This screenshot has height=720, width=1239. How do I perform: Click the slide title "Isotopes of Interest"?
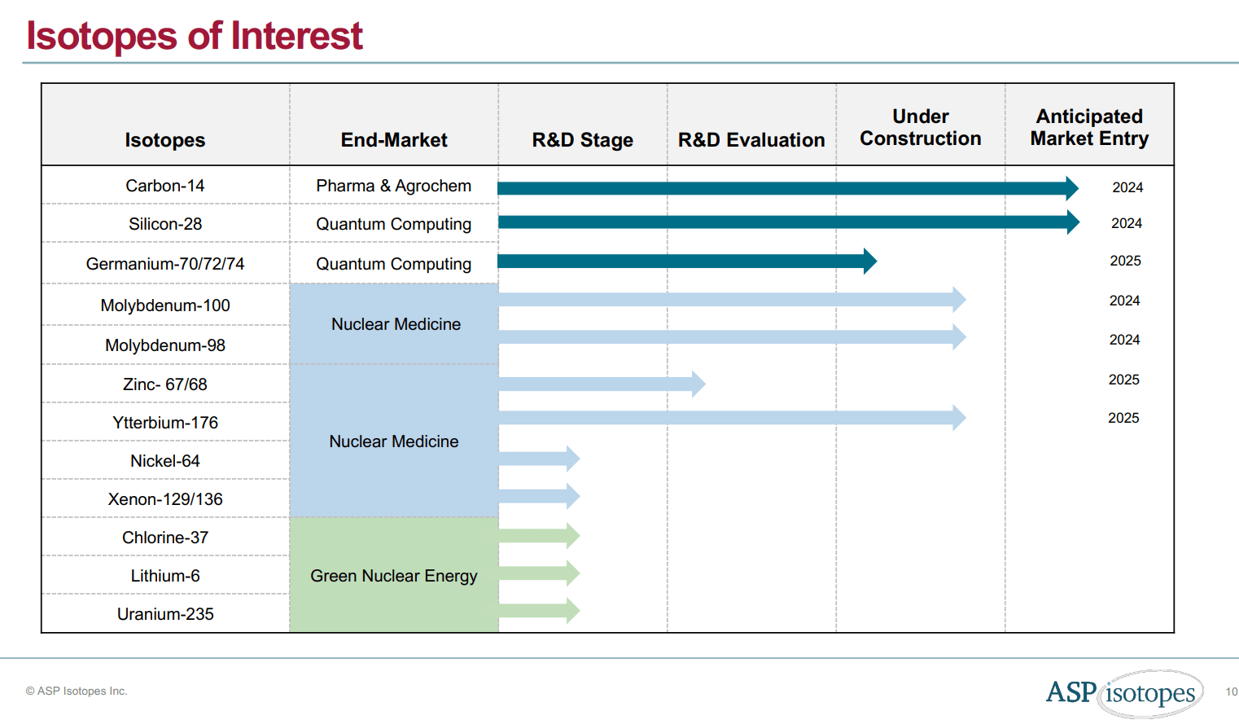pos(194,36)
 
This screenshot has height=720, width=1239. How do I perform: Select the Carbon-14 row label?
pos(164,186)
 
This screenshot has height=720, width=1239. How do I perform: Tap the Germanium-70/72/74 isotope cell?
pos(164,264)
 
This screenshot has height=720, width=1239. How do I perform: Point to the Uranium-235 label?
pos(164,614)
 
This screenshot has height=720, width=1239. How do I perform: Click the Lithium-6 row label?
pos(164,576)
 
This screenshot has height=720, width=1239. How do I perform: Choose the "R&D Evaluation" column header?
pos(751,140)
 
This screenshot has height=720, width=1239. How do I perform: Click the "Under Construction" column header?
pos(920,128)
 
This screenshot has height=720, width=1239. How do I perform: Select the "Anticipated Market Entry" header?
pos(1088,128)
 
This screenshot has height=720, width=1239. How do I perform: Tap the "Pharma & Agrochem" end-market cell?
pos(393,186)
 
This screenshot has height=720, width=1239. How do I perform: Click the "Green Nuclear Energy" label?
pos(393,576)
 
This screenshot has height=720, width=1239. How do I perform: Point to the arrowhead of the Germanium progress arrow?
pos(869,261)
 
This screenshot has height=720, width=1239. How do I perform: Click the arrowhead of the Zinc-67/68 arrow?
pos(698,384)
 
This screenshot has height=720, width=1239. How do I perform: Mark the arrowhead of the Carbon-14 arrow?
pos(1071,188)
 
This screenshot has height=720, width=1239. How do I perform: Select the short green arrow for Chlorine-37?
pos(538,536)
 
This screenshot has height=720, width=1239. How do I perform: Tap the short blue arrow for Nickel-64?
pos(538,459)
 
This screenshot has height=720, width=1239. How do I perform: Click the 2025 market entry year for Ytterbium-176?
pos(1123,418)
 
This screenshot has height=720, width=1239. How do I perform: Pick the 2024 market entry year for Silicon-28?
pos(1126,223)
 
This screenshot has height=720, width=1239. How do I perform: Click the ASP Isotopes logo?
pos(1124,693)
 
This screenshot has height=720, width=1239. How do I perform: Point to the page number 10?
pos(1231,691)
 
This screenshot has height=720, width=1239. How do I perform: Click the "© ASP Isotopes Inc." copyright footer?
pos(77,691)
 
